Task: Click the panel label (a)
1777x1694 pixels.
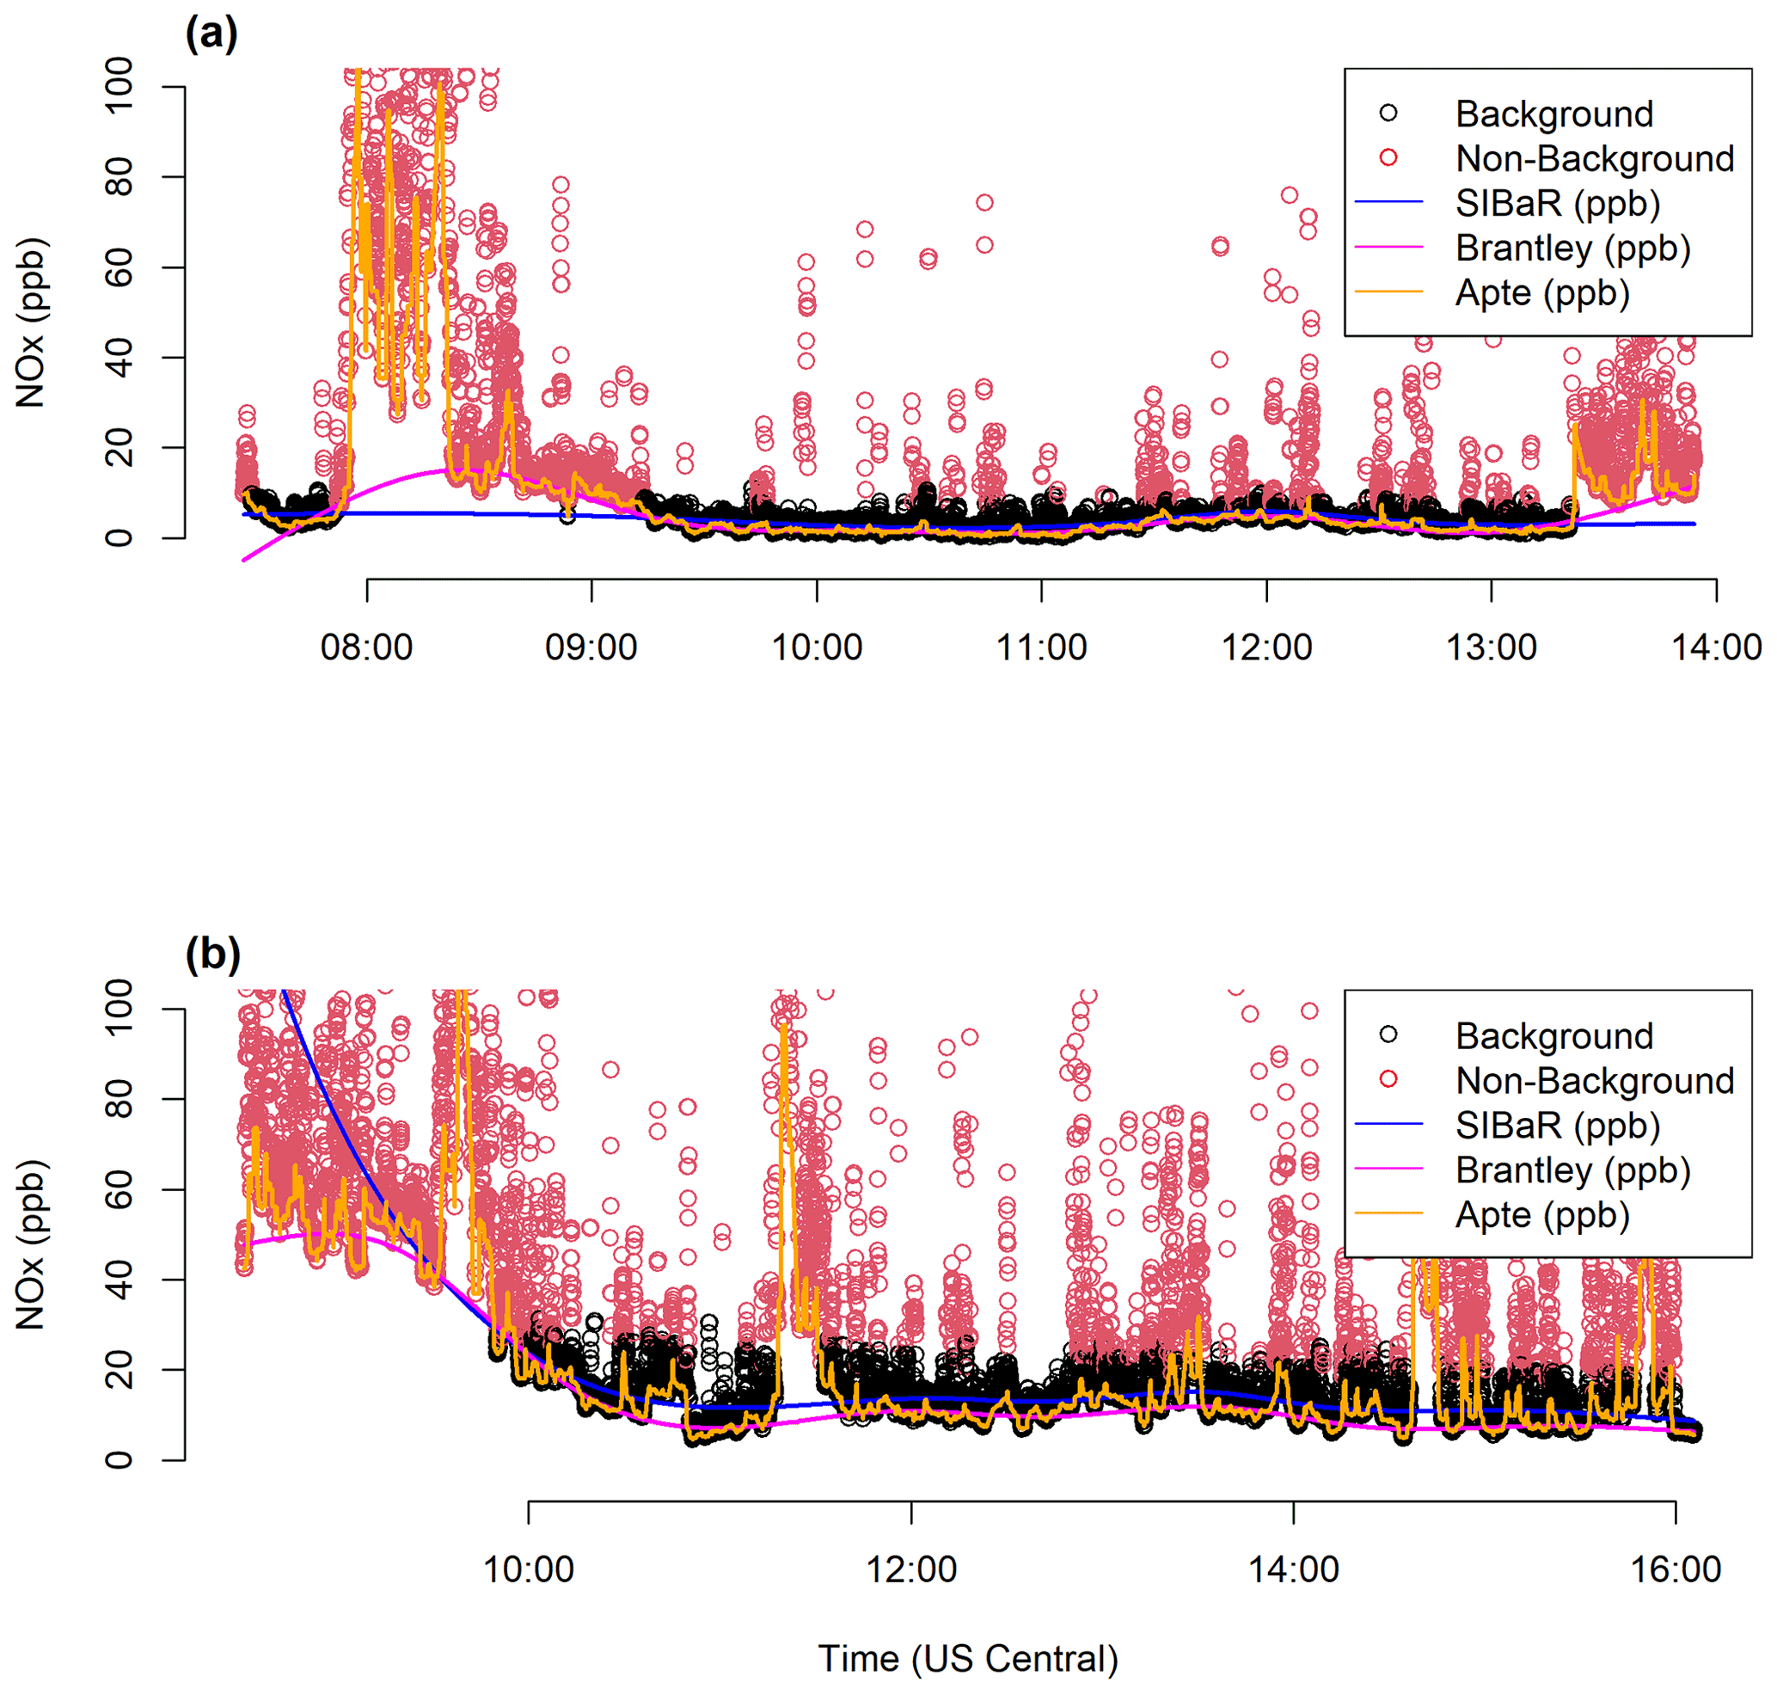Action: click(211, 34)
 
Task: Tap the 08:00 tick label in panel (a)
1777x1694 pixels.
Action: click(366, 648)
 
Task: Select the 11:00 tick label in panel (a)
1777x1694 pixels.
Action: click(1041, 648)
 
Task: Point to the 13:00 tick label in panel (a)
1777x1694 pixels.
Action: click(1491, 648)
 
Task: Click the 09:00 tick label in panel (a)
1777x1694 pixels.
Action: click(591, 648)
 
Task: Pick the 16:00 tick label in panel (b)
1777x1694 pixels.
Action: click(1675, 1569)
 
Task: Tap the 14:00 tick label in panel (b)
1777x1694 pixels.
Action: click(1293, 1569)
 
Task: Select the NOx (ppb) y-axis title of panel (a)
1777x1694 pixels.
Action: click(31, 322)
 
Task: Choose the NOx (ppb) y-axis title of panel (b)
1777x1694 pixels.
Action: click(31, 1244)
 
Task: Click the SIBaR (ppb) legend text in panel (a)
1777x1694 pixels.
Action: click(1558, 203)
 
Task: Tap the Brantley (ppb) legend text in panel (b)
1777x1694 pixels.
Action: click(1573, 1170)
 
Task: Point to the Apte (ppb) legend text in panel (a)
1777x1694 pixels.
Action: click(1542, 293)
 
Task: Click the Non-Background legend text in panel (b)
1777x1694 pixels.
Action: click(1595, 1081)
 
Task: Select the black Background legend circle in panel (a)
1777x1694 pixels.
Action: click(1388, 113)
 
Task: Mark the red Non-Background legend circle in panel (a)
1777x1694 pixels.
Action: click(1388, 158)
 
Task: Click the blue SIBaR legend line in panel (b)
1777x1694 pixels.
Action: click(1388, 1124)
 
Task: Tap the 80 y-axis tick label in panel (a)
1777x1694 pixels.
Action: click(119, 177)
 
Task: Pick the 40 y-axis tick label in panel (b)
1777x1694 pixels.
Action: click(119, 1280)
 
